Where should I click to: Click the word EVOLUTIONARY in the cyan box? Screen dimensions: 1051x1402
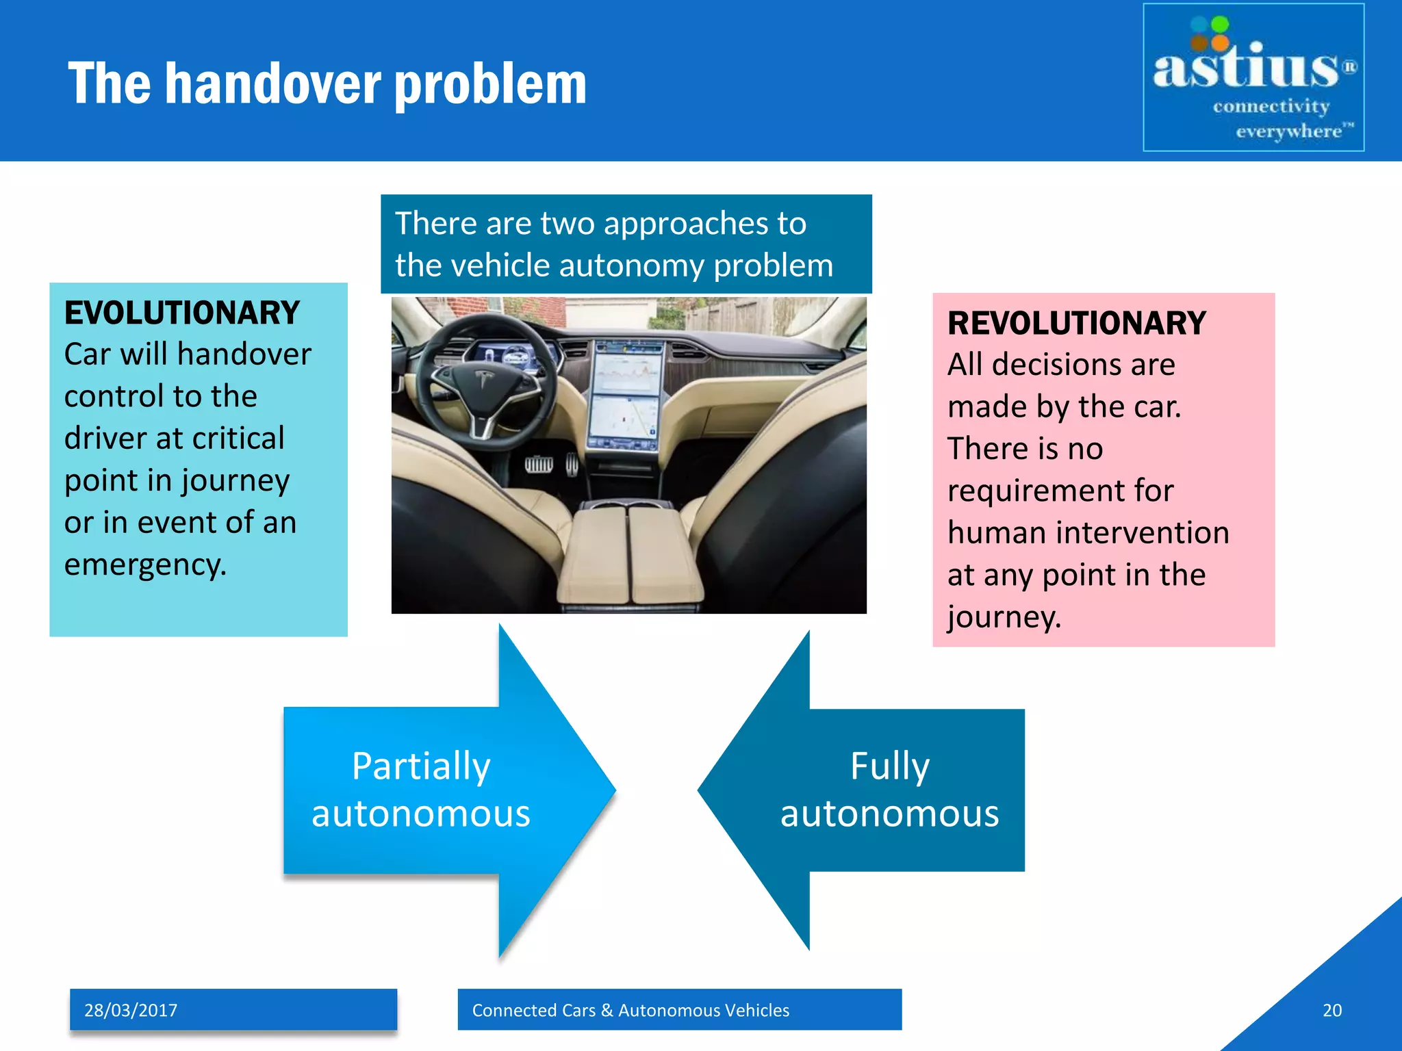[182, 313]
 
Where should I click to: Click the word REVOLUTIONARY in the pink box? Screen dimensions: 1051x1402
[1076, 324]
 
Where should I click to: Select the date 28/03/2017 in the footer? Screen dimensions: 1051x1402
[131, 1011]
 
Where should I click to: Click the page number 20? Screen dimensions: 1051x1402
[1331, 1011]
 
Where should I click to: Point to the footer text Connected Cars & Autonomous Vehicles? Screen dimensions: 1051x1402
[630, 1011]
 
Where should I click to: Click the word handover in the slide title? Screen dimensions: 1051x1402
[274, 83]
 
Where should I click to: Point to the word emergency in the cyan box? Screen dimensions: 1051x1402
[145, 565]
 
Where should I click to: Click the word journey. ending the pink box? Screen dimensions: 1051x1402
[1004, 617]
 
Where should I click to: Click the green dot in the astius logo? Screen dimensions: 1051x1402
[1220, 25]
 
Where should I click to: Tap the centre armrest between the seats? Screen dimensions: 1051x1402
[630, 554]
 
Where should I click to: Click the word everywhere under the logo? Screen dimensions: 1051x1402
[1288, 131]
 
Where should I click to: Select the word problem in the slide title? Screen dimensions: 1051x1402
[491, 83]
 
